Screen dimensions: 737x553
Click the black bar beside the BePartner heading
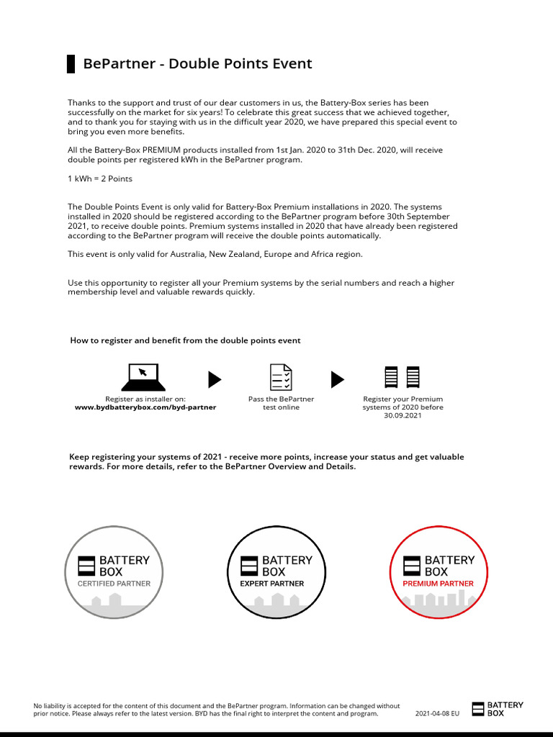(x=71, y=63)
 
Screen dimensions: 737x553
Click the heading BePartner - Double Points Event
(x=197, y=63)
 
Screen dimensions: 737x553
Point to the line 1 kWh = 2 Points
(x=100, y=178)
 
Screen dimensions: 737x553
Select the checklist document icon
(x=281, y=377)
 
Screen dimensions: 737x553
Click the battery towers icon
(x=403, y=377)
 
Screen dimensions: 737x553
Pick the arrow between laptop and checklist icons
(x=214, y=379)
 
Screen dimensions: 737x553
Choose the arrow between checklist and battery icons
(x=337, y=379)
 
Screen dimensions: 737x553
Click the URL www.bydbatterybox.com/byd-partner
(x=145, y=407)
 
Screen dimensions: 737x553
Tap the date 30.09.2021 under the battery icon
(x=403, y=416)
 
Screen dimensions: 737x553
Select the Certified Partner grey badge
(x=114, y=571)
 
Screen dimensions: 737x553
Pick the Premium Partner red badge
(x=439, y=571)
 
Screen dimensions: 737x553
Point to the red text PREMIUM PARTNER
(x=438, y=584)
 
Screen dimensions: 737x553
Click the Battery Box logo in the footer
(x=498, y=709)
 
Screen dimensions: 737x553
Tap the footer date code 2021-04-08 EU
(x=437, y=713)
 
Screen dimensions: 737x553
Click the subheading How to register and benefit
(x=185, y=340)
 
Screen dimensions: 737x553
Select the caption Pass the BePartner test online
(x=281, y=403)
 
